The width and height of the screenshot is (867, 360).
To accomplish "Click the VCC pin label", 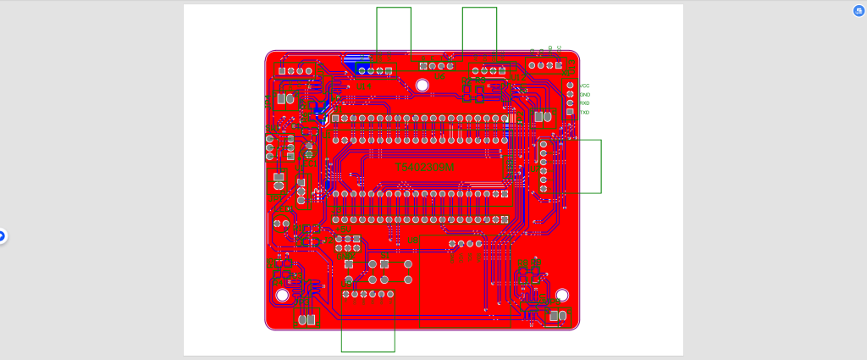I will coord(584,86).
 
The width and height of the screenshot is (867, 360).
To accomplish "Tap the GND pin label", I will coord(584,94).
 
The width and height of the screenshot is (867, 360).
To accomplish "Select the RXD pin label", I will coord(584,103).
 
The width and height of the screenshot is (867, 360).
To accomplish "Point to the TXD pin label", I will coord(584,113).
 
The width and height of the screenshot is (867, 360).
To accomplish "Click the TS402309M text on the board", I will coord(425,168).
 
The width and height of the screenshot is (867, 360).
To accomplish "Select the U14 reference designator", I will coord(363,86).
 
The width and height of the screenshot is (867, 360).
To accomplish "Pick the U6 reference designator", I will coord(439,77).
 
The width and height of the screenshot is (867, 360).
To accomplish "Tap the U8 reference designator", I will coord(412,241).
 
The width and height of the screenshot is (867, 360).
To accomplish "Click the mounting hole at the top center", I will coord(422,85).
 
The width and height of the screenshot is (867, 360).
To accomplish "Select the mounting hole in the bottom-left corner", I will coord(282,296).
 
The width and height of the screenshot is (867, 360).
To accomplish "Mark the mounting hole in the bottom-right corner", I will coord(562,295).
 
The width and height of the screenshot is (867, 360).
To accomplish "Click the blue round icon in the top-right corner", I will coord(858,10).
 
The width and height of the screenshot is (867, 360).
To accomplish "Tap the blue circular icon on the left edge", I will coord(3,236).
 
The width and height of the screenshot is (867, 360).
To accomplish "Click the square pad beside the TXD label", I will coord(570,112).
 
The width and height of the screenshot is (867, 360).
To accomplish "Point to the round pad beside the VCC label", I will coord(570,86).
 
